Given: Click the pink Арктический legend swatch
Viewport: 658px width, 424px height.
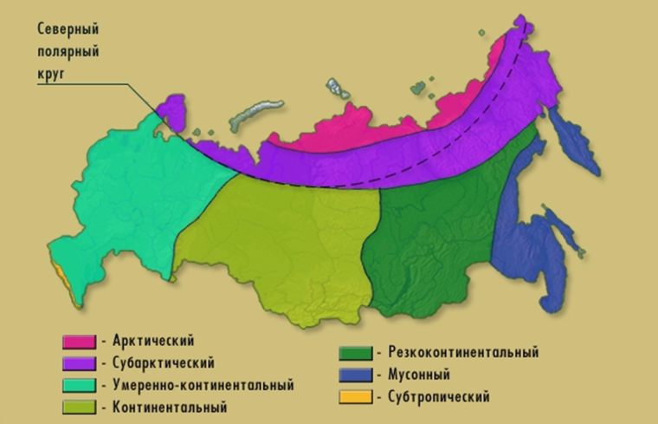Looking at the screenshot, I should point(78,341).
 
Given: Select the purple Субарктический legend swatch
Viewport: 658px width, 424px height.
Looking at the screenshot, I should point(78,362).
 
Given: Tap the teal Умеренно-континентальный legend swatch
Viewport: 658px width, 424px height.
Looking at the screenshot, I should point(78,384).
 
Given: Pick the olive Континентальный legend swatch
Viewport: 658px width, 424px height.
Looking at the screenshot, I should point(78,406).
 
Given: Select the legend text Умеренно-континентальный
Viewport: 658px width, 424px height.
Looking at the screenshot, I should point(203,384).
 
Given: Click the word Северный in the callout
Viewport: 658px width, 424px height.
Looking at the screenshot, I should point(67,30).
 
